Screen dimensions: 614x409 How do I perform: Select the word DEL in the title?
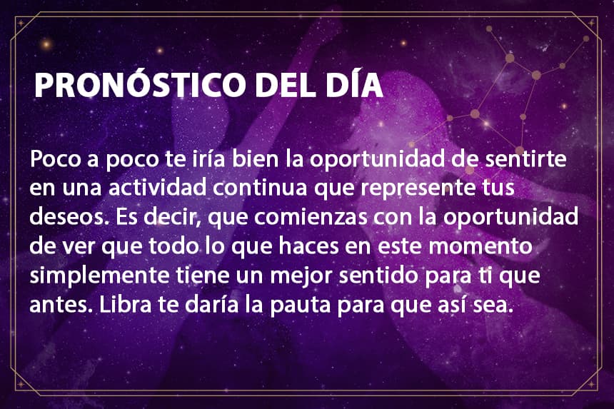coord(286,84)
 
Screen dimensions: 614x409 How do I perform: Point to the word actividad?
coord(157,188)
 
